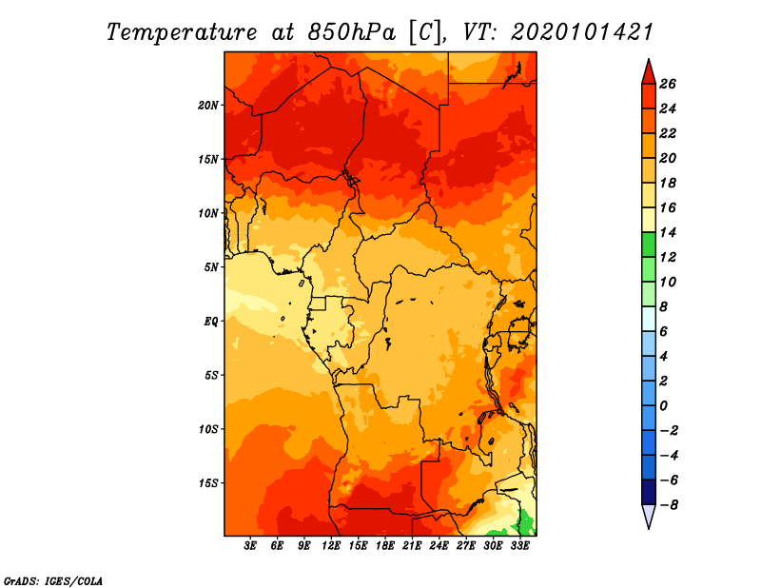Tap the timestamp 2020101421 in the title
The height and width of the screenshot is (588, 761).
(x=582, y=31)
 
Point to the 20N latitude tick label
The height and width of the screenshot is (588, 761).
(x=208, y=105)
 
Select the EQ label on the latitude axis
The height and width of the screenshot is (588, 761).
(x=211, y=321)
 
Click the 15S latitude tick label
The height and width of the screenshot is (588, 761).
(x=208, y=482)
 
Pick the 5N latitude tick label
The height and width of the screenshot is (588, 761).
(x=211, y=266)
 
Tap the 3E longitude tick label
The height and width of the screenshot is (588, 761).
(x=251, y=546)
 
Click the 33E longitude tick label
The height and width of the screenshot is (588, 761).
(x=519, y=546)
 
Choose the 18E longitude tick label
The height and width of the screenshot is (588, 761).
(x=385, y=546)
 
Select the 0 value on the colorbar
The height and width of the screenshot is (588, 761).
(x=667, y=405)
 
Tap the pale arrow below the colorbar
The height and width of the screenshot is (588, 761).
(x=647, y=516)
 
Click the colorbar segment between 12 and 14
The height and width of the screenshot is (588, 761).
(x=647, y=245)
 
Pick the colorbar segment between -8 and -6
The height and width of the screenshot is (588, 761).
(x=647, y=492)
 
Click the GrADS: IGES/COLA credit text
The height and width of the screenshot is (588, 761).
(x=52, y=579)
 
